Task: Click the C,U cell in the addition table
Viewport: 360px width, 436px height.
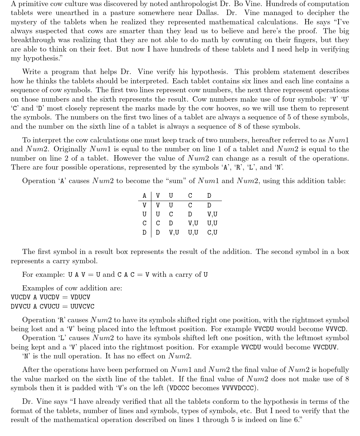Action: click(212, 232)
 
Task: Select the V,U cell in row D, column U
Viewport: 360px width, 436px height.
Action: click(174, 232)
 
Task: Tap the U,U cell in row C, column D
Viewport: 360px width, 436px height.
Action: click(212, 223)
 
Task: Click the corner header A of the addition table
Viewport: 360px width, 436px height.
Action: click(144, 196)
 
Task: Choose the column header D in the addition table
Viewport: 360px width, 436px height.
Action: click(209, 196)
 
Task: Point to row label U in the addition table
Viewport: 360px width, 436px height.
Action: click(144, 214)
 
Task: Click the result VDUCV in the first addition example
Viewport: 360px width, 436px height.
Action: click(81, 297)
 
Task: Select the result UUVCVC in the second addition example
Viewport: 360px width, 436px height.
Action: click(82, 307)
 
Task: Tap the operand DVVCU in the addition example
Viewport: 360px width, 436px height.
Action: click(20, 307)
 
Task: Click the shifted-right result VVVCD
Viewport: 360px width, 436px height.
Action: click(336, 329)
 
